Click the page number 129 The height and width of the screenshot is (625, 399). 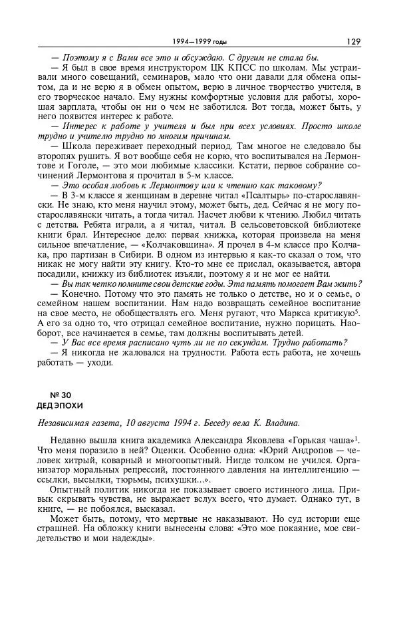[x=352, y=41]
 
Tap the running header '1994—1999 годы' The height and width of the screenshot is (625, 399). [x=199, y=42]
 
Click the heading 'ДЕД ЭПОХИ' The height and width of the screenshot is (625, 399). [x=59, y=405]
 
